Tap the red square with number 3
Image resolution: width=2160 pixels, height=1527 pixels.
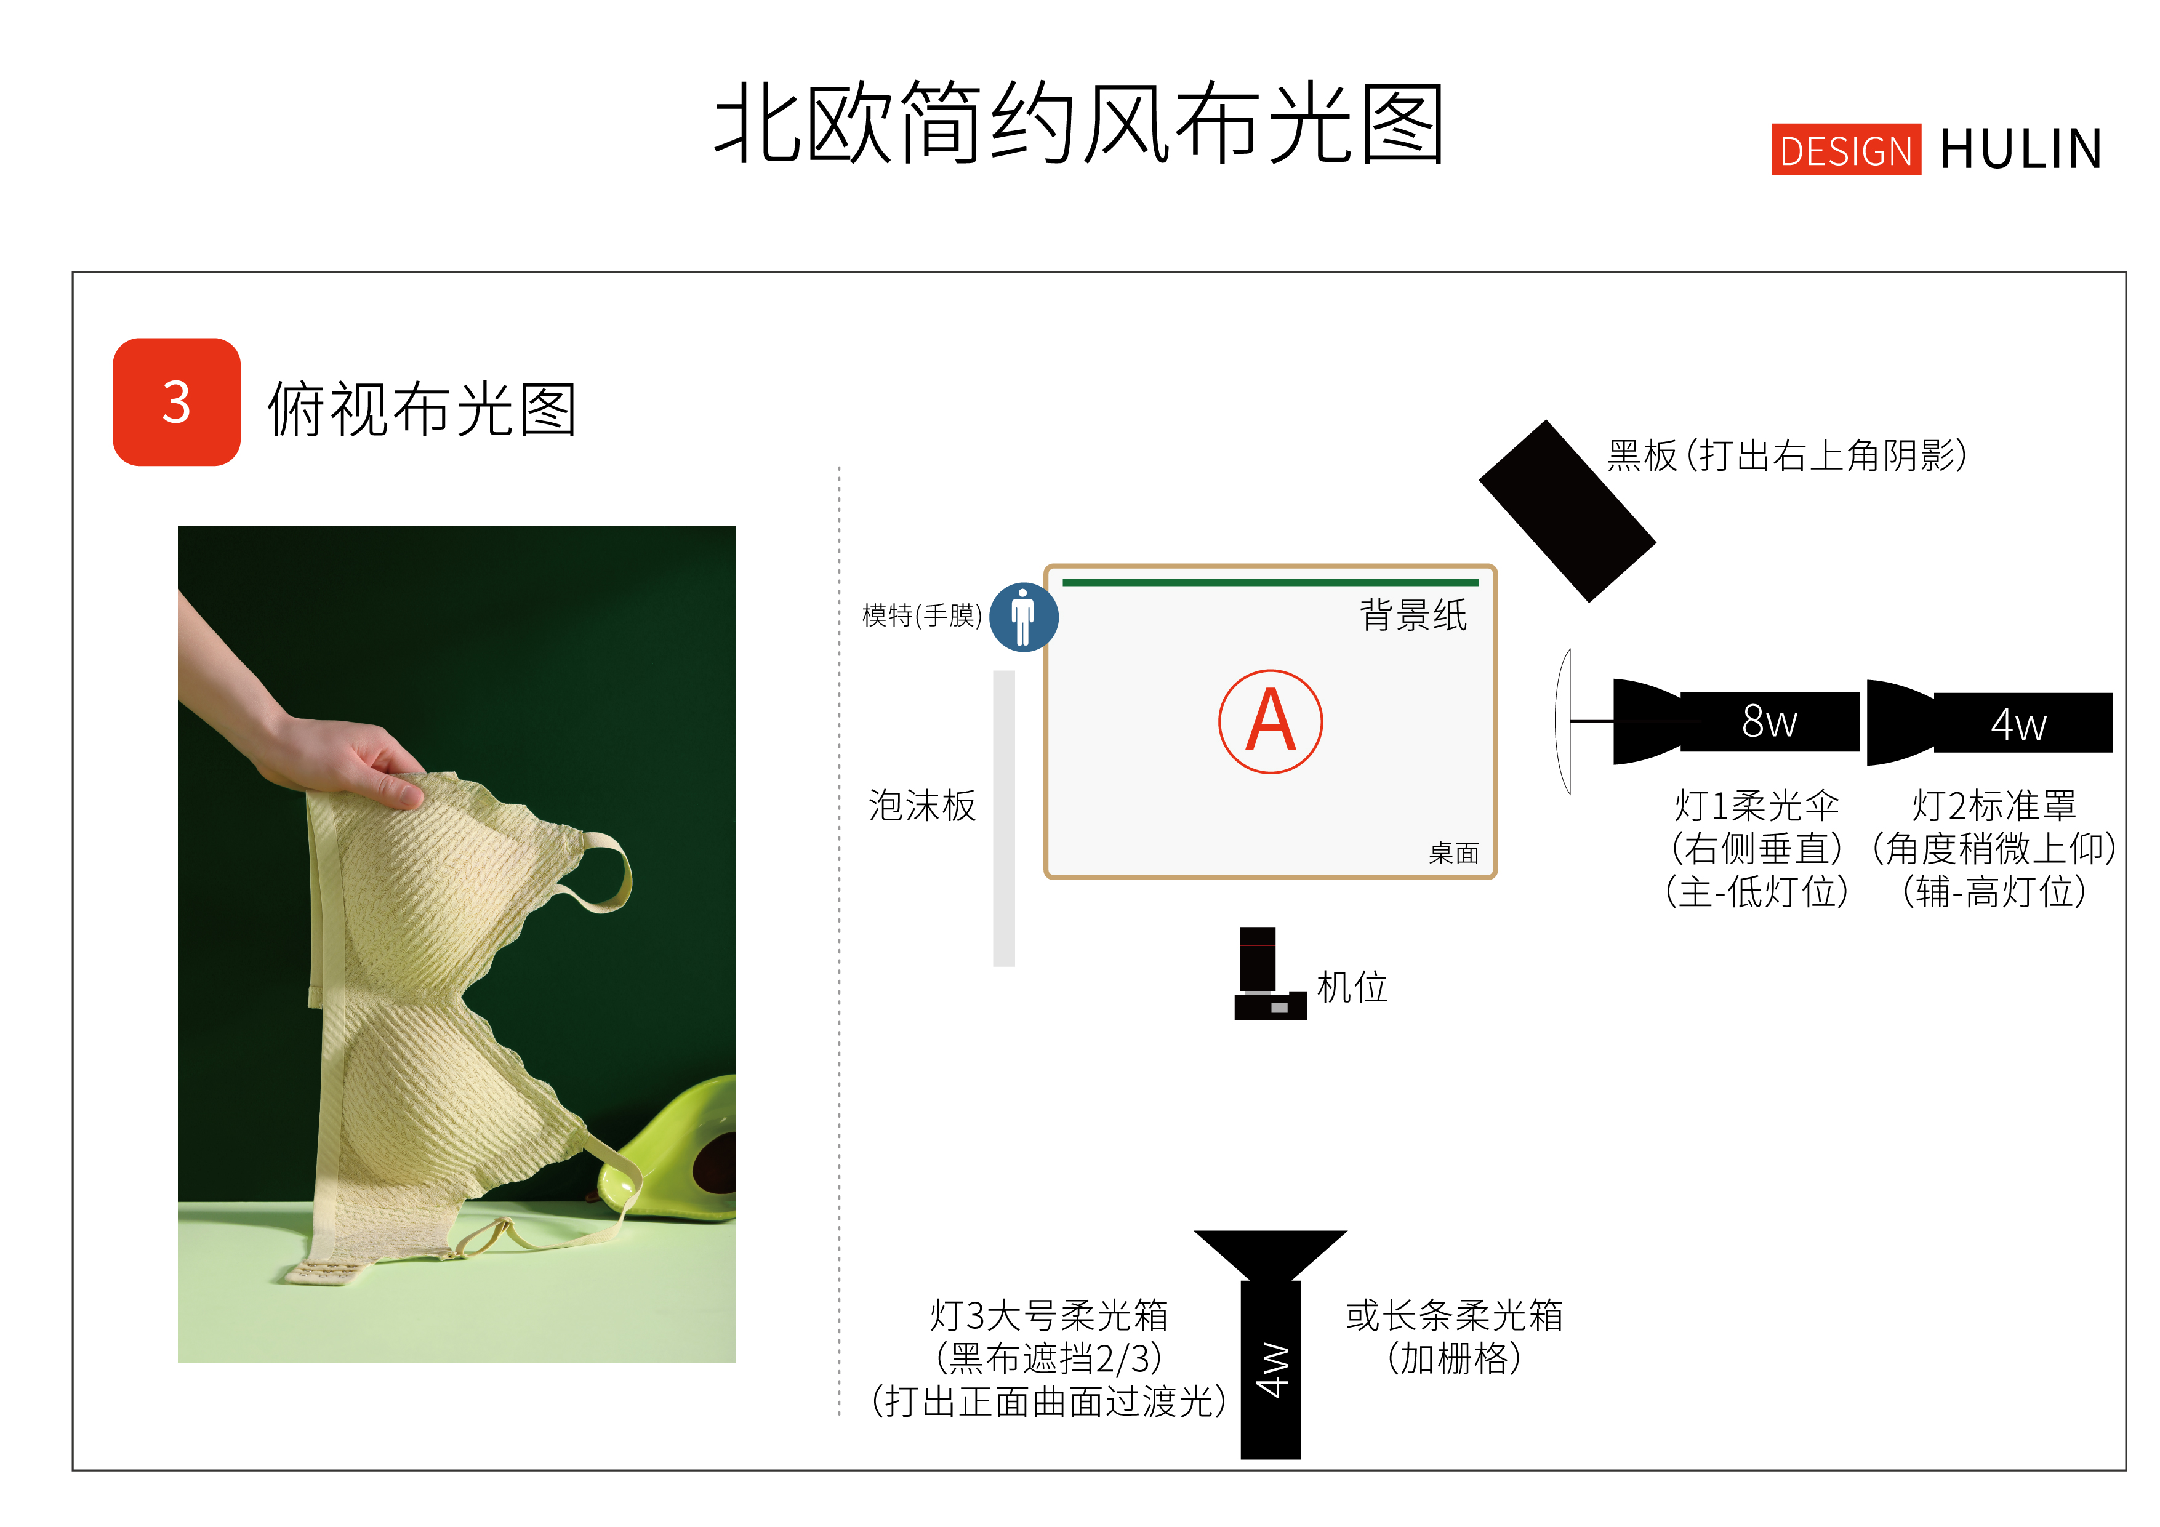pos(177,402)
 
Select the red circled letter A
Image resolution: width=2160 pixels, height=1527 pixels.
pos(1271,721)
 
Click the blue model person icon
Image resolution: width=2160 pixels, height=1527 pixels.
pos(1024,617)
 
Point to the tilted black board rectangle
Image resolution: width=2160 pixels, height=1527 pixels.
pos(1567,511)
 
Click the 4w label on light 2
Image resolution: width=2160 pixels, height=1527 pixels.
pos(2018,724)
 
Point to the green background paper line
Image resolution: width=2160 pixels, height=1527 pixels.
pos(1270,582)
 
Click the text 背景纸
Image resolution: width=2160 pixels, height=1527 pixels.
pos(1413,615)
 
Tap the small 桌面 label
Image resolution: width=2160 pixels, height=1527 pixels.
pos(1453,853)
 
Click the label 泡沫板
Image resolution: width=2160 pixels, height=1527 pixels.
pos(922,806)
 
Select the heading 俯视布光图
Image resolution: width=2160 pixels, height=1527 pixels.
pos(422,409)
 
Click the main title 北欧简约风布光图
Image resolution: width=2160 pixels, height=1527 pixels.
pos(1079,122)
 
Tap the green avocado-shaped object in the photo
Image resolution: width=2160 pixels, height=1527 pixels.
pos(673,1153)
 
